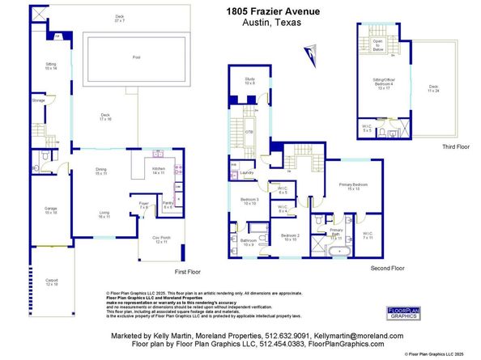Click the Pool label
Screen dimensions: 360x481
click(x=136, y=57)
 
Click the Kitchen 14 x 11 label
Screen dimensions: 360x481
click(x=158, y=172)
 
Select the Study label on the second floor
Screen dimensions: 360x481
click(x=249, y=81)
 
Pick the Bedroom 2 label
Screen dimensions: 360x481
click(x=291, y=237)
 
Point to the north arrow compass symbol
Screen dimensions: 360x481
click(x=310, y=53)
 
